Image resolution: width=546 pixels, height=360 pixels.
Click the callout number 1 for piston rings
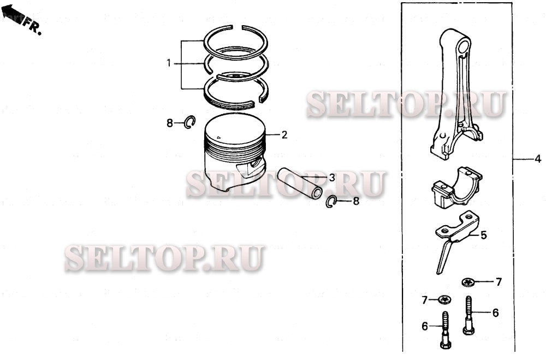(x=169, y=63)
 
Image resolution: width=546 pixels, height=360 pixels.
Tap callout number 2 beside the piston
(x=284, y=135)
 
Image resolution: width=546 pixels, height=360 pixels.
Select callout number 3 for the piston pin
(x=332, y=178)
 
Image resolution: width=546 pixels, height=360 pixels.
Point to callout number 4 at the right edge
(x=538, y=160)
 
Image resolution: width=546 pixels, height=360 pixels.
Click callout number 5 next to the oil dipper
(x=483, y=235)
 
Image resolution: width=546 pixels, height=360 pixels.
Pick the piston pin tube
(x=300, y=184)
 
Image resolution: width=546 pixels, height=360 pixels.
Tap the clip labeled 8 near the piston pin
(x=331, y=202)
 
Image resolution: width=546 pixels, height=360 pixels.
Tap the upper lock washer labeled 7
(x=468, y=282)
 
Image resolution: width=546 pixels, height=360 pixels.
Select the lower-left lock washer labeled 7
(x=444, y=299)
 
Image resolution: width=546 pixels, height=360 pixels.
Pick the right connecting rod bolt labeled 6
(x=468, y=315)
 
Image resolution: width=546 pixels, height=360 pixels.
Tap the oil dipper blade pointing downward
(x=444, y=257)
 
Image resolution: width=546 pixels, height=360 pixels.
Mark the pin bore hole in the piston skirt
(x=258, y=162)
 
